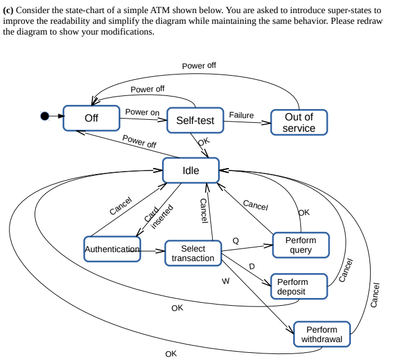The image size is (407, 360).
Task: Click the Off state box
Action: click(x=91, y=118)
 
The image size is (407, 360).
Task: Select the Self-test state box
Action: click(x=195, y=120)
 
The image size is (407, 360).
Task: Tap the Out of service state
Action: click(x=299, y=122)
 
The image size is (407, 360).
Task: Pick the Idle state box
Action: click(x=191, y=170)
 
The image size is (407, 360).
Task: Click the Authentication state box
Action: click(x=113, y=249)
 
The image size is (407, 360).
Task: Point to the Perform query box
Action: click(x=300, y=245)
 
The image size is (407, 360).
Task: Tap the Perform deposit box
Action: click(x=299, y=287)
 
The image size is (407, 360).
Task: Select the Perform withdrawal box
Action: click(x=322, y=334)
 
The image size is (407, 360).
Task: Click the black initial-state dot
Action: click(x=45, y=116)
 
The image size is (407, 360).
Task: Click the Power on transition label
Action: click(x=142, y=112)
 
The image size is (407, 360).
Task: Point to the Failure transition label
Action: click(x=241, y=115)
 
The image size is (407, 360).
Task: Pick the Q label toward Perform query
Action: click(x=235, y=240)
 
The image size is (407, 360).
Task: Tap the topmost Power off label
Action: click(x=199, y=66)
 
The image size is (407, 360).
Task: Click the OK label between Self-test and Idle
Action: click(x=204, y=142)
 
